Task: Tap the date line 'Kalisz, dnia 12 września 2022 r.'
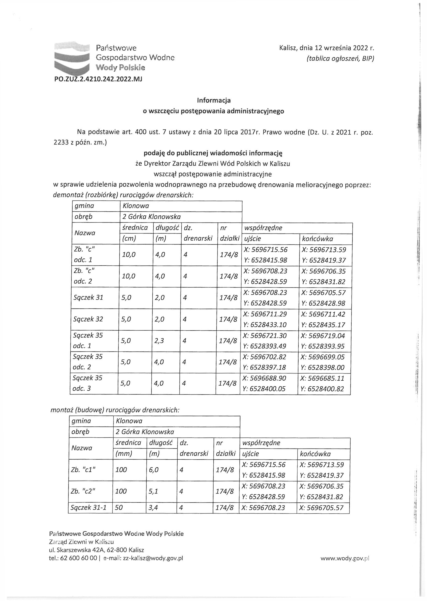(327, 48)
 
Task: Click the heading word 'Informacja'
(213, 100)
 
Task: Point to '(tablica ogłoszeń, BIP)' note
(340, 59)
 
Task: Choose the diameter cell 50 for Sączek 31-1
(119, 508)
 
